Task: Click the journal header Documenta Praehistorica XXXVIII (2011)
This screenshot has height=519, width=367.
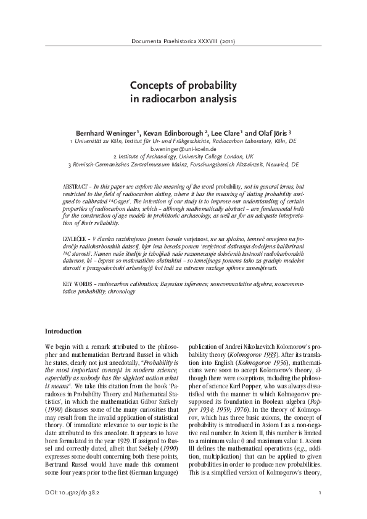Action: tap(183, 42)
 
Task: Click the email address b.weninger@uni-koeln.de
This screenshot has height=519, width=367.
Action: tap(183, 149)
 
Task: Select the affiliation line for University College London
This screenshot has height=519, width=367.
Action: tap(183, 157)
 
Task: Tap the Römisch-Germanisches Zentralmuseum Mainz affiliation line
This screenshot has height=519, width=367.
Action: tap(183, 166)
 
